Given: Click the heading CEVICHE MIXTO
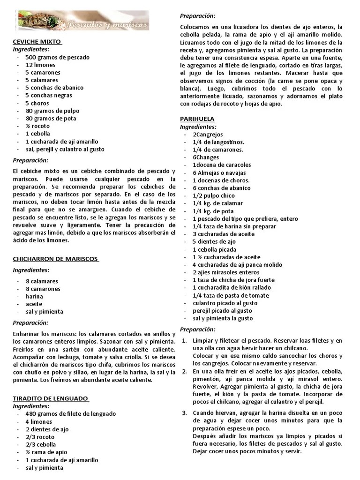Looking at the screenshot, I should coord(37,42).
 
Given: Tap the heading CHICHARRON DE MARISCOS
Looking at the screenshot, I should coord(55,259).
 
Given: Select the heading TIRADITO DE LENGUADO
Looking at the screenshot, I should coord(50,398).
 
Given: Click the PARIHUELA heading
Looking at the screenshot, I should coord(197,119).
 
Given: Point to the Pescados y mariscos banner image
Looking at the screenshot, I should coord(81,20).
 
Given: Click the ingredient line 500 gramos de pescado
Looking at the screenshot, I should coord(57,57).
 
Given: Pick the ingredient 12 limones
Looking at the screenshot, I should coord(40,65).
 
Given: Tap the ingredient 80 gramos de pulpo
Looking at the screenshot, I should coord(52,111).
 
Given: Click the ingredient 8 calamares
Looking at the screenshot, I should coord(42,281).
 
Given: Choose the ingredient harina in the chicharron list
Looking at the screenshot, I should coord(34,296).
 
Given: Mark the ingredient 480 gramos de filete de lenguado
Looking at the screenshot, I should coord(70,414).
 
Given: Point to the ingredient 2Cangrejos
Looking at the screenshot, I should coord(208,135).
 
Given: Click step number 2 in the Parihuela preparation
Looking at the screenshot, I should coord(184,371).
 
